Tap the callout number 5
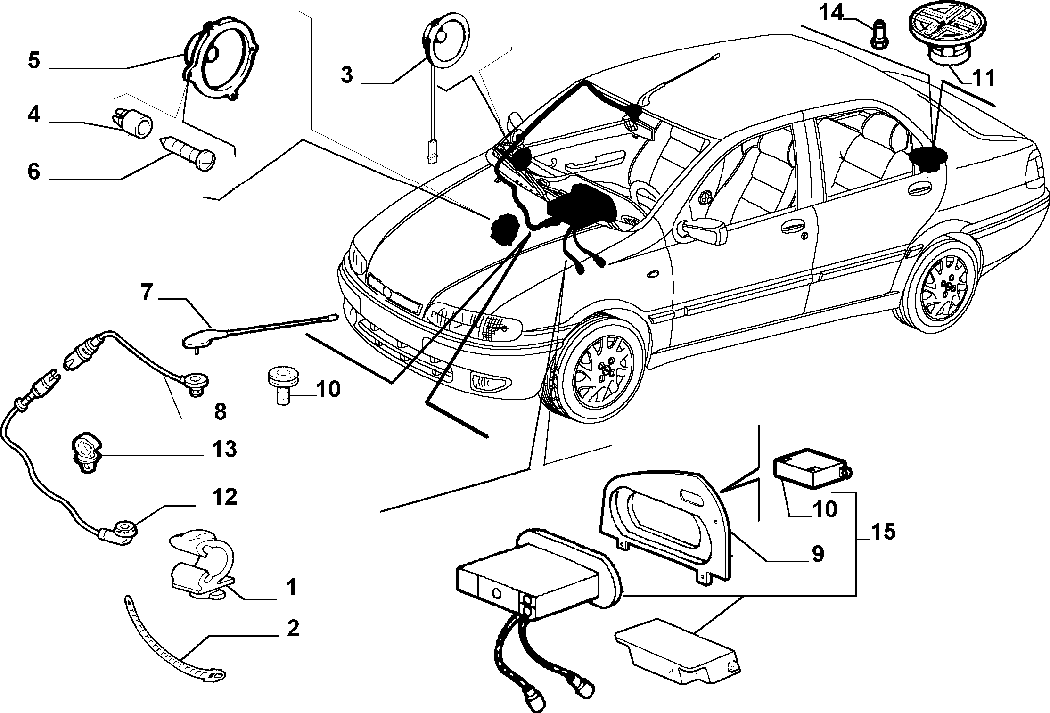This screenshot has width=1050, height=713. click(33, 61)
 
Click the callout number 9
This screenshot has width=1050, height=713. click(817, 554)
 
